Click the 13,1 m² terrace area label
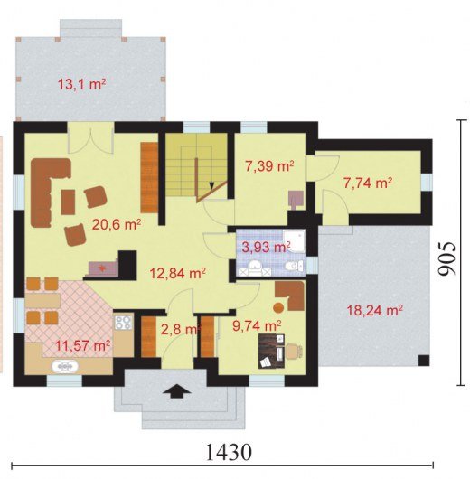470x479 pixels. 82,84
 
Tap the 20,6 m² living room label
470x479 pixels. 117,225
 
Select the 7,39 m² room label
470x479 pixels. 269,166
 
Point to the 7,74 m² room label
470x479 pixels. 368,183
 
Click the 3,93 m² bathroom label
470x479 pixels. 266,247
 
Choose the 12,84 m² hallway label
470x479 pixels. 177,273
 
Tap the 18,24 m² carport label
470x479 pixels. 375,311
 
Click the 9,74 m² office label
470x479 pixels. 257,326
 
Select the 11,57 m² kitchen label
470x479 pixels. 83,346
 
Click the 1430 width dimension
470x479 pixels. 230,453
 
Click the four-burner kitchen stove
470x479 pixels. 123,322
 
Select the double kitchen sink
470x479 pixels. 65,367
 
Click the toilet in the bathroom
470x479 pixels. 294,266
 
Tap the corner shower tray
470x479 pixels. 294,241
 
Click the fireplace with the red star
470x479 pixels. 101,268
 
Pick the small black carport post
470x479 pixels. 424,361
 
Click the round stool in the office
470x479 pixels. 278,307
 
